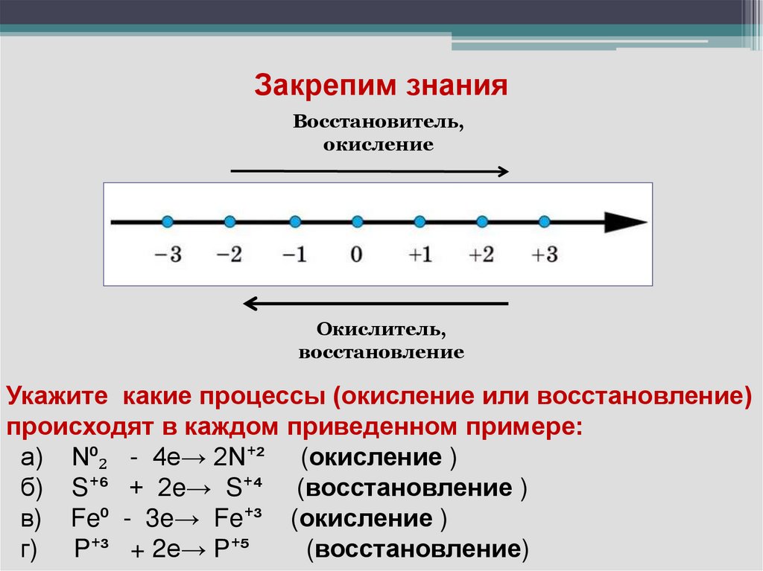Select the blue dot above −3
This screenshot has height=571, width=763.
click(x=168, y=221)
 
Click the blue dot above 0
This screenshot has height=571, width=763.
click(x=358, y=221)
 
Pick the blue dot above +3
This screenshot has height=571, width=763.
click(x=544, y=221)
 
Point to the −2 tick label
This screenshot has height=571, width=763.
click(x=229, y=254)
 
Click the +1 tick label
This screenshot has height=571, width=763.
click(x=420, y=254)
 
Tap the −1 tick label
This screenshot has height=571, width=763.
click(x=295, y=254)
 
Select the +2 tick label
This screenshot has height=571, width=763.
click(x=482, y=254)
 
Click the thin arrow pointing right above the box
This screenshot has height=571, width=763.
click(x=370, y=171)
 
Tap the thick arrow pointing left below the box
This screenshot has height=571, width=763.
click(x=376, y=303)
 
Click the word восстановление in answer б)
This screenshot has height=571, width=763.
click(x=409, y=488)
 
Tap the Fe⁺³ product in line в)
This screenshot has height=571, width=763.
click(x=245, y=518)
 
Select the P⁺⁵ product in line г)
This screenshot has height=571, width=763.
click(x=234, y=549)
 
